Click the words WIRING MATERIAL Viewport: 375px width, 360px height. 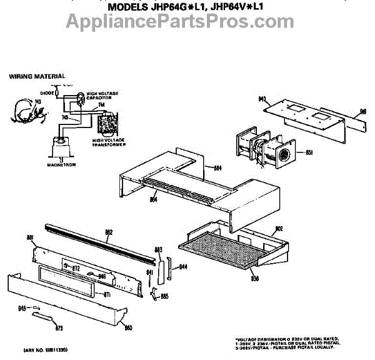(x=37, y=76)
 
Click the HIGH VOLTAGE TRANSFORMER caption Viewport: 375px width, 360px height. (x=109, y=142)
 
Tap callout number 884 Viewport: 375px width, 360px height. (x=217, y=167)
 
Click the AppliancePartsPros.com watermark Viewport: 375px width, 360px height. (x=188, y=23)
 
